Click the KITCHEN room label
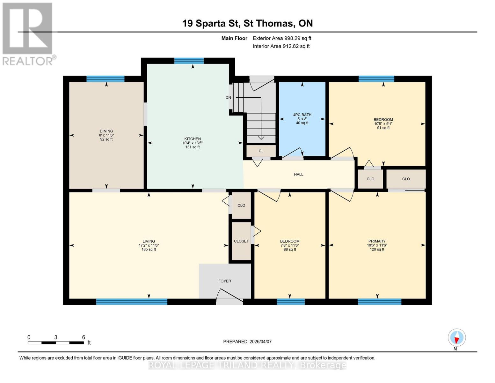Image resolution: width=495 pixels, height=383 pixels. (193, 139)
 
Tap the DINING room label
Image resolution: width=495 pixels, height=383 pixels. (106, 131)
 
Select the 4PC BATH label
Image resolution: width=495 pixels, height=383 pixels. (302, 115)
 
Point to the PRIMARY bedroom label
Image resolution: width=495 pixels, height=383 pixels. (377, 241)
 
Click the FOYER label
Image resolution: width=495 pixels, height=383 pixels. (225, 281)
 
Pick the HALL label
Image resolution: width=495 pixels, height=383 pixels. (299, 175)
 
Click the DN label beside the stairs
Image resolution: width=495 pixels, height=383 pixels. (228, 98)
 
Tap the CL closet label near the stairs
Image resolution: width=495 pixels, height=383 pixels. (261, 151)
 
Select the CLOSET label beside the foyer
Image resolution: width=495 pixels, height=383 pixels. (241, 241)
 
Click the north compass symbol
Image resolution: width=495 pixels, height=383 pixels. (457, 338)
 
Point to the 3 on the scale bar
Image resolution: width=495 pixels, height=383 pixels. (56, 337)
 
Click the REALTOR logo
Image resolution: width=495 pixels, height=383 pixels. (28, 34)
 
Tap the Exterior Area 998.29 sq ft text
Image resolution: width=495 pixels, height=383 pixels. (282, 38)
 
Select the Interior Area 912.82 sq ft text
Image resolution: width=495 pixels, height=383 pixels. (281, 46)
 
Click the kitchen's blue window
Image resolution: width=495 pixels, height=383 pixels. (189, 61)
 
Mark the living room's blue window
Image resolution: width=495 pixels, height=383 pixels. (132, 302)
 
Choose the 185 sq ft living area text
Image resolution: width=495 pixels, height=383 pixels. (149, 250)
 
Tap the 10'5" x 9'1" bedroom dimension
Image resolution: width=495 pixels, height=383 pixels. (383, 124)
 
